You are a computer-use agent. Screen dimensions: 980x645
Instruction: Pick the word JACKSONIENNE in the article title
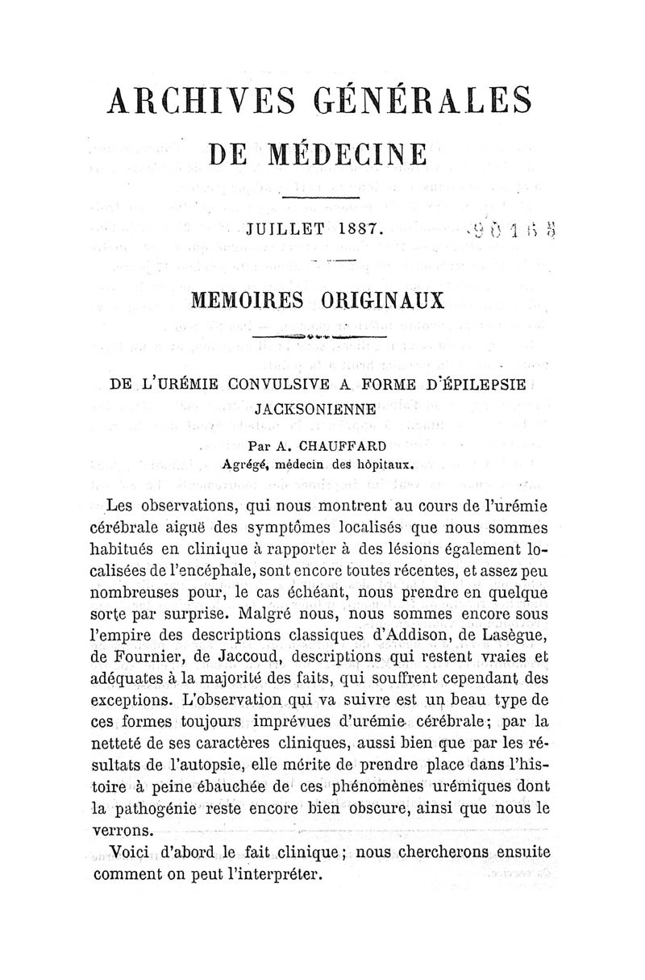click(x=320, y=409)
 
